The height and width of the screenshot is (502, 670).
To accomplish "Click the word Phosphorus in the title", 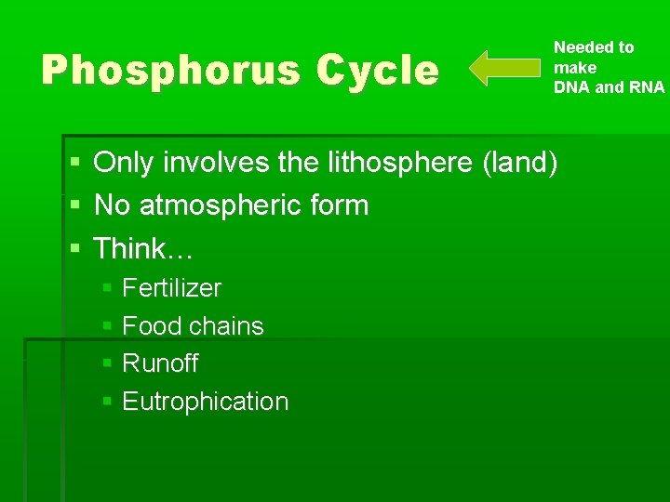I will pyautogui.click(x=169, y=71).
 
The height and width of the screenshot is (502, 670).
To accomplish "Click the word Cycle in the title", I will pyautogui.click(x=377, y=71).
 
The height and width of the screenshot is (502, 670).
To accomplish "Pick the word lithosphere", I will pyautogui.click(x=401, y=163).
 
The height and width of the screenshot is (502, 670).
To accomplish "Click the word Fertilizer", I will pyautogui.click(x=172, y=288).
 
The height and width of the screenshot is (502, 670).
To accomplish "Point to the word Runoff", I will pyautogui.click(x=160, y=363).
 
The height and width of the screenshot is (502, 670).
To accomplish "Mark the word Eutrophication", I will pyautogui.click(x=206, y=402).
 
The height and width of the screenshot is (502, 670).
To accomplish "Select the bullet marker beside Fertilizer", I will pyautogui.click(x=108, y=289).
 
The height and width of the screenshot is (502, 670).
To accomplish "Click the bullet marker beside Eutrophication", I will pyautogui.click(x=108, y=403).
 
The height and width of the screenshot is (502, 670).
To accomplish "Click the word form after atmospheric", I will pyautogui.click(x=339, y=205).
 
